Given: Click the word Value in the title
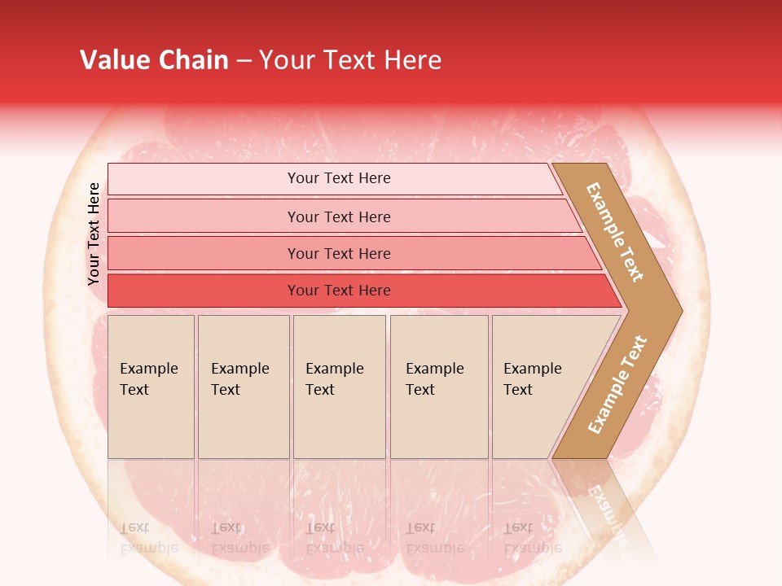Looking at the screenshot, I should coord(114,60).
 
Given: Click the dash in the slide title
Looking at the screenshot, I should coord(244,61).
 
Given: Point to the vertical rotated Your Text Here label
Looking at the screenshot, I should coord(94,234).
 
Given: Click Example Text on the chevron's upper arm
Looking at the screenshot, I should coord(615,232).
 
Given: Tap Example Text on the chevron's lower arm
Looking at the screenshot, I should coord(617,384).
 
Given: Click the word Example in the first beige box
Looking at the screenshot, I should coord(148,369).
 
